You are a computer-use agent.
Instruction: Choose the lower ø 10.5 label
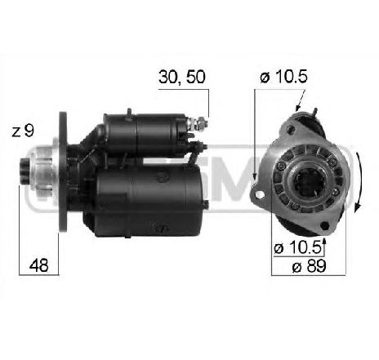click(292, 247)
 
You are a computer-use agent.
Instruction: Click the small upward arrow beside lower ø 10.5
click(324, 243)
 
